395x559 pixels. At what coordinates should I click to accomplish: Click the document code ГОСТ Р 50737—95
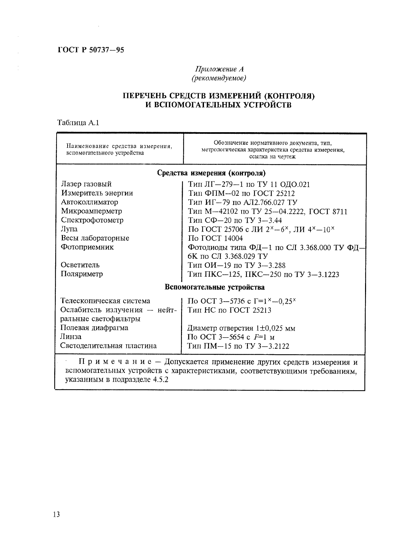tap(91, 50)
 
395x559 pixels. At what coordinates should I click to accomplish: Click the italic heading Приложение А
tap(219, 69)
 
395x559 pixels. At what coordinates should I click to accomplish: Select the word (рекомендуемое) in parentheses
tap(219, 78)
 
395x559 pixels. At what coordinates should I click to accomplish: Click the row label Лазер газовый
tap(87, 184)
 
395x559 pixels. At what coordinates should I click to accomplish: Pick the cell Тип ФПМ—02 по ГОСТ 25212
tap(241, 193)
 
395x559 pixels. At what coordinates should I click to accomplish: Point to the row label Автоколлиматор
tap(90, 202)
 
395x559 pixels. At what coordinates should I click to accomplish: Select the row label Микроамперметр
tap(92, 211)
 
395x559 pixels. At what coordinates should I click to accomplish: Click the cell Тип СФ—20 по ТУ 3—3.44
tap(235, 220)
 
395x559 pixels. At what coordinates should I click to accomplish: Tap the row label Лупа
tap(69, 229)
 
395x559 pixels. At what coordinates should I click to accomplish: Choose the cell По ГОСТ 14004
tap(215, 238)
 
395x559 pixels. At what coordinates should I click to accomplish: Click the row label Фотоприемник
tap(87, 247)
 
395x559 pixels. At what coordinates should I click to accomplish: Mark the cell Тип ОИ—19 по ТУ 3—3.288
tap(236, 265)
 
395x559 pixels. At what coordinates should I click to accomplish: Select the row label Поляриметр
tap(82, 274)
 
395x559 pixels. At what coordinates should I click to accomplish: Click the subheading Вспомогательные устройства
tap(215, 287)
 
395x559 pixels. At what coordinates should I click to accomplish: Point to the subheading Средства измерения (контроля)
tap(211, 173)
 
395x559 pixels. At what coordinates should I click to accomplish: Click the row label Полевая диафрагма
tap(95, 328)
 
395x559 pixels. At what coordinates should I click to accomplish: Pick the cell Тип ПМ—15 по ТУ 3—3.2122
tap(238, 346)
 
